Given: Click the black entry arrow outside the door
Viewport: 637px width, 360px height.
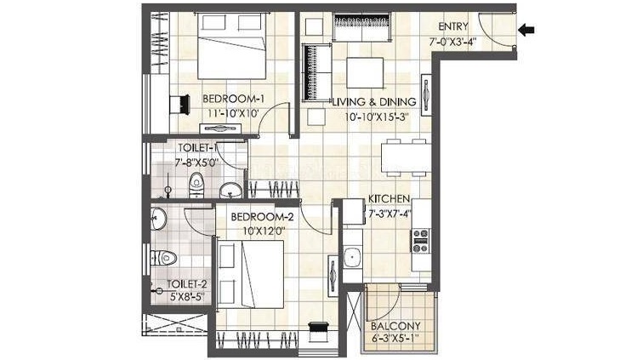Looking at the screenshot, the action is [526, 30].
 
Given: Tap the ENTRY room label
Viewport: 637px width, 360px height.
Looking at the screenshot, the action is [453, 27].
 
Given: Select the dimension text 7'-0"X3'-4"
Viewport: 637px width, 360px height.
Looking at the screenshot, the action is [453, 42].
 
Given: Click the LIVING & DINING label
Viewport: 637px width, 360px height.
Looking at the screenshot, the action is [374, 102].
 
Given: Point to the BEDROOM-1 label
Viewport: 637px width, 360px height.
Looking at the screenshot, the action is [234, 99].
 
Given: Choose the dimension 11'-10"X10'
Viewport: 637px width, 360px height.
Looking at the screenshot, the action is [233, 113].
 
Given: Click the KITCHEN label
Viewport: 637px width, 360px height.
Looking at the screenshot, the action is [389, 198].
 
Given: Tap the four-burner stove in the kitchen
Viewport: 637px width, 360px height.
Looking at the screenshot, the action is [421, 241].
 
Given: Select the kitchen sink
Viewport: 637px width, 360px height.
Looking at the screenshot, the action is [352, 258].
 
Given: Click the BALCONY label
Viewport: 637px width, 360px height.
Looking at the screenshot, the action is [395, 326].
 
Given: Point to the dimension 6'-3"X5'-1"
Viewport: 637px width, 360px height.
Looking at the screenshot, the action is [395, 338].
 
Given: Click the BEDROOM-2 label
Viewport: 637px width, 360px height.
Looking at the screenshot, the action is [262, 217].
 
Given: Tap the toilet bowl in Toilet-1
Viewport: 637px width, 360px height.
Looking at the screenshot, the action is [196, 185].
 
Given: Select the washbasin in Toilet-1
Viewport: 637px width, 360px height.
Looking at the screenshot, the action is [231, 190].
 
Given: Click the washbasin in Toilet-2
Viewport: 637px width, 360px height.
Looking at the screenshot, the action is [158, 219].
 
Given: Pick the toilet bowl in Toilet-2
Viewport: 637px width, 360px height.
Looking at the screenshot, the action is [164, 258].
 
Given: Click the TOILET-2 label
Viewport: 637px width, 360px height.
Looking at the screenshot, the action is [187, 284].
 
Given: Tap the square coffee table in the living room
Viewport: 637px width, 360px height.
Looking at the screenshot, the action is [365, 72].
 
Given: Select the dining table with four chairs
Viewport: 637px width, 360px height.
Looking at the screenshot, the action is [406, 157].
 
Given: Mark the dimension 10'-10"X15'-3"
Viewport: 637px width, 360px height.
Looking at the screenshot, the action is [376, 117].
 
